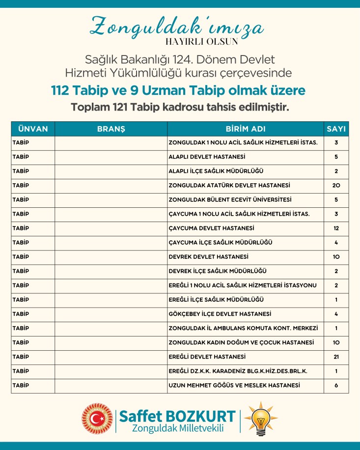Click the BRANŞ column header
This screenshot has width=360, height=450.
point(111,129)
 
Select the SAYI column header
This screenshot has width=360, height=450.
point(336,129)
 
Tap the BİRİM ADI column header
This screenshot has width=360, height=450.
point(246,129)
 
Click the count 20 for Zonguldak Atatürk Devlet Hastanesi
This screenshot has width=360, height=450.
point(336,186)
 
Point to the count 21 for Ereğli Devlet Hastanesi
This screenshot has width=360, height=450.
point(336,357)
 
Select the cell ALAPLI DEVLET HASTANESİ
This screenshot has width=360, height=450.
point(207,157)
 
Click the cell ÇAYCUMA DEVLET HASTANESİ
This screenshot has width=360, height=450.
point(211,228)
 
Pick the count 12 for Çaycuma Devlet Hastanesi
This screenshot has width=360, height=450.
point(336,228)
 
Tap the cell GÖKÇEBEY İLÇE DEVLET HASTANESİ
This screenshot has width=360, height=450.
point(220,314)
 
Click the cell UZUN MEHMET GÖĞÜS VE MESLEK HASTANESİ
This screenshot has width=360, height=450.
point(234,386)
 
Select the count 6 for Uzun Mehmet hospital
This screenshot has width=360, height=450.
point(336,386)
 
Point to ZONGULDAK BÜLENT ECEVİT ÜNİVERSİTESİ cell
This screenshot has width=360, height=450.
point(230,200)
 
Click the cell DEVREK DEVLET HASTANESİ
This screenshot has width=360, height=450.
point(208,257)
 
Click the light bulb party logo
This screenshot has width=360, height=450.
point(261,419)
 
